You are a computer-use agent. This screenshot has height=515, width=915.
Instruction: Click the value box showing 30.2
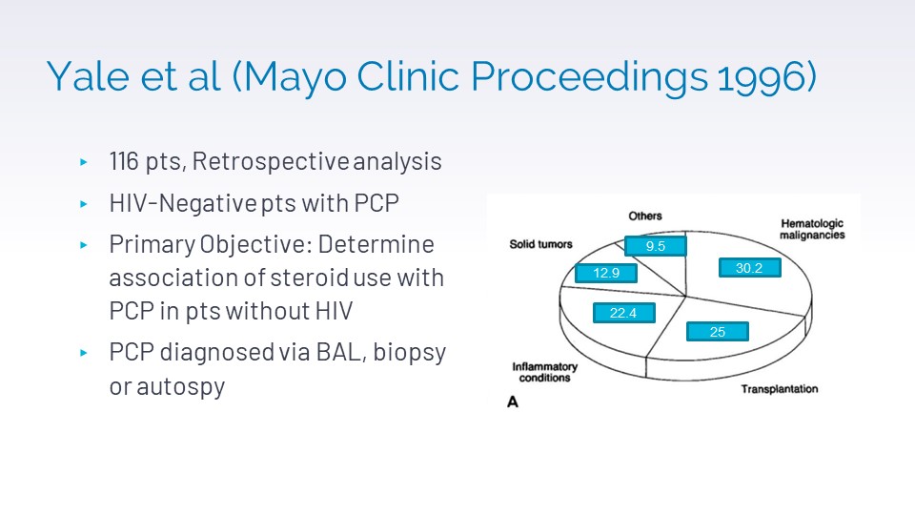[749, 269]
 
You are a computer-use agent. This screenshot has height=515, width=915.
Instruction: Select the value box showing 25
[718, 332]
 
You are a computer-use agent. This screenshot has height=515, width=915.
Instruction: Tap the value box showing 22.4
[623, 313]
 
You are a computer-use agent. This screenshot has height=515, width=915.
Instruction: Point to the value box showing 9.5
[655, 246]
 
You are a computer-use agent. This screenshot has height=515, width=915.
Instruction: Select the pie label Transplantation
[779, 389]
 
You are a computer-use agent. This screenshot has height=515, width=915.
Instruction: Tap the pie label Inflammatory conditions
[545, 372]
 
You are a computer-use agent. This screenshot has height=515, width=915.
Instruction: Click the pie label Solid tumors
[541, 244]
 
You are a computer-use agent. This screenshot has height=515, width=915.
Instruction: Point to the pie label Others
[645, 216]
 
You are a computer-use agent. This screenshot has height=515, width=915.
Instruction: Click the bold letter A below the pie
[513, 402]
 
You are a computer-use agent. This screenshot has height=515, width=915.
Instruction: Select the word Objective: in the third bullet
[253, 245]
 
